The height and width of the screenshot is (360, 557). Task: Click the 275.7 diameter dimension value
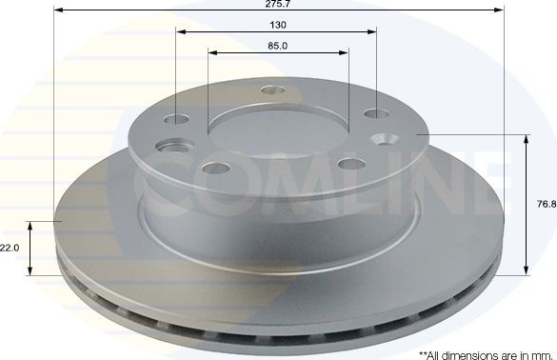(277, 5)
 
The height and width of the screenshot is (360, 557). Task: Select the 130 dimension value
(278, 25)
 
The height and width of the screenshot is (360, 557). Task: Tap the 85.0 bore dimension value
(278, 45)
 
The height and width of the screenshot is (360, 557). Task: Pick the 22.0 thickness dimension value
(10, 247)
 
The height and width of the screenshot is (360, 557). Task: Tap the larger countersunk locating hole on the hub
(173, 148)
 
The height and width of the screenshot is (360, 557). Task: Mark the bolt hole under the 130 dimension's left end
(177, 120)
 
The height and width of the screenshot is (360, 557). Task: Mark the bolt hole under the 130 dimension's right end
(372, 114)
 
